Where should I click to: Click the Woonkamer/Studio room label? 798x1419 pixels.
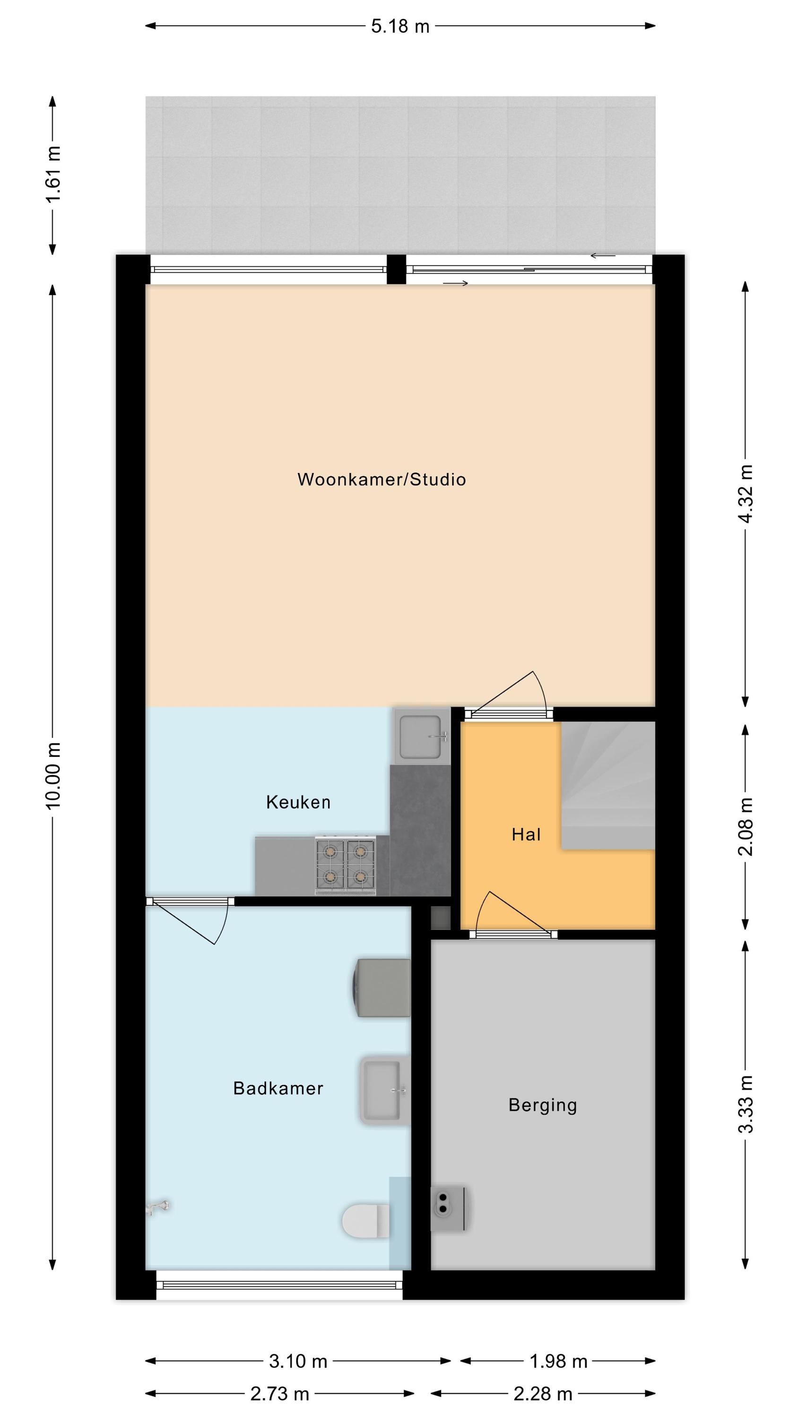click(382, 479)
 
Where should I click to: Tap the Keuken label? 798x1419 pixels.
click(298, 802)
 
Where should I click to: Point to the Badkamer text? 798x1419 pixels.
click(278, 1088)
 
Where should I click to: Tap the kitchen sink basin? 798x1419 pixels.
click(422, 736)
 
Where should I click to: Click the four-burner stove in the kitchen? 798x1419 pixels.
click(345, 864)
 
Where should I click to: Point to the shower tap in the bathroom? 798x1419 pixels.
click(157, 1208)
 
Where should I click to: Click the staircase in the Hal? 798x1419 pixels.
click(608, 785)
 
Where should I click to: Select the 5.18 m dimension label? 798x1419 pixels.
click(400, 26)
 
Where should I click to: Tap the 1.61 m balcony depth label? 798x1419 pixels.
click(53, 174)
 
